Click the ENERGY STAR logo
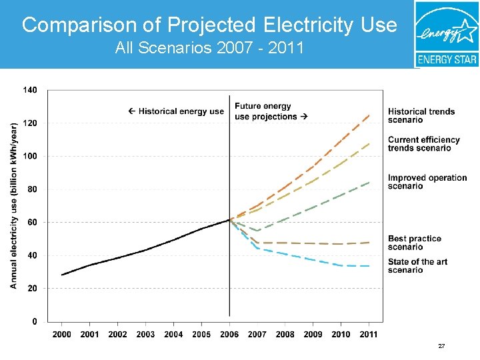pos(446,33)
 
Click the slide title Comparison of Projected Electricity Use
pos(209,25)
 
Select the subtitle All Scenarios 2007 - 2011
pos(209,48)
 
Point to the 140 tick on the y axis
pos(31,90)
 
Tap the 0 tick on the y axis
pos(34,321)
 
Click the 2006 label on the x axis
pos(229,334)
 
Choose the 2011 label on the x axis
pos(369,334)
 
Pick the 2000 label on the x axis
pos(62,334)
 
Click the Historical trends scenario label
pos(421,115)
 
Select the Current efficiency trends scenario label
pos(424,143)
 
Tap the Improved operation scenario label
pos(427,181)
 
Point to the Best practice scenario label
pos(415,243)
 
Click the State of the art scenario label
pos(418,265)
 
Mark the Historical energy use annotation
pos(176,111)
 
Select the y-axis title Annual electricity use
pos(14,205)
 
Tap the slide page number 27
pos(441,347)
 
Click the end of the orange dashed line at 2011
pos(369,115)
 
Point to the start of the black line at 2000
pos(62,275)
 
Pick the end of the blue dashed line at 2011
pos(369,266)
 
